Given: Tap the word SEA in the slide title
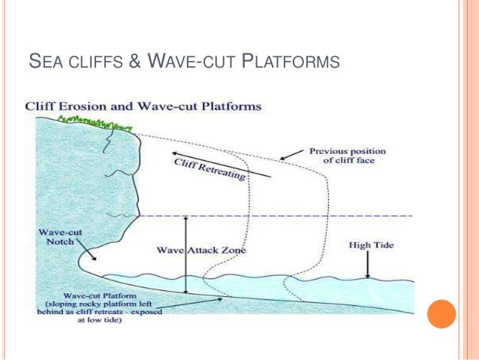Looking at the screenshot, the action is point(41,59).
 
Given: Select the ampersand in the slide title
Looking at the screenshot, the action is point(136,59).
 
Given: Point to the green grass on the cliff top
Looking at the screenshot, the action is point(93,121).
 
